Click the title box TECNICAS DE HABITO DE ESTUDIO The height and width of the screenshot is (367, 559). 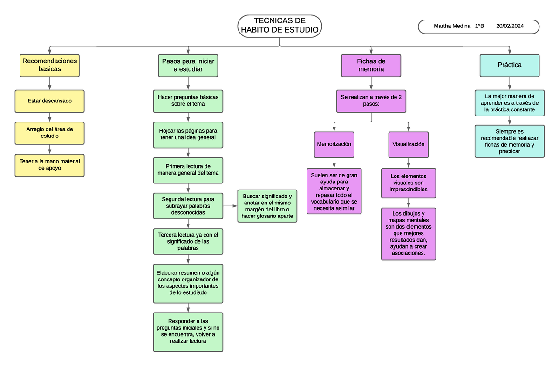279,26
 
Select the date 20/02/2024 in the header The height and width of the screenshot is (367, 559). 510,27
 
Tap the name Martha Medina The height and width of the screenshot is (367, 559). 452,27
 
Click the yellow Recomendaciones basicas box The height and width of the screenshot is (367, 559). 49,65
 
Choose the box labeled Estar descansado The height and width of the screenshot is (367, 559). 49,101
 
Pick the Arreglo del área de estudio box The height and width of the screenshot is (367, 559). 49,133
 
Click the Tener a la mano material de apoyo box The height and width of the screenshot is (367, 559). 49,165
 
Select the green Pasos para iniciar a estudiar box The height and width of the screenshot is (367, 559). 188,65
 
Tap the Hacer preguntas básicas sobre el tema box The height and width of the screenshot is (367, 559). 188,101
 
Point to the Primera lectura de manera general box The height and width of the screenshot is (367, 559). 188,170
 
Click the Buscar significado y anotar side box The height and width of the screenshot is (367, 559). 267,206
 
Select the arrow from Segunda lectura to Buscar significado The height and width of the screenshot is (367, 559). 230,206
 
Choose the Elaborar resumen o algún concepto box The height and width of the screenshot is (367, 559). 188,283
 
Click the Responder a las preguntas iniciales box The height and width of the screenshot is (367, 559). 188,331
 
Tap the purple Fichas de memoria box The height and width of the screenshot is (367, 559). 371,65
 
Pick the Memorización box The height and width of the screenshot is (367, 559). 334,144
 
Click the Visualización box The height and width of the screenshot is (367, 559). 409,144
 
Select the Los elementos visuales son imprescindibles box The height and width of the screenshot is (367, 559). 409,183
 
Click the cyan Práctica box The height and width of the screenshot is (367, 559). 510,65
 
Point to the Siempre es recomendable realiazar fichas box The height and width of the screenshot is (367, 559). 510,142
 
